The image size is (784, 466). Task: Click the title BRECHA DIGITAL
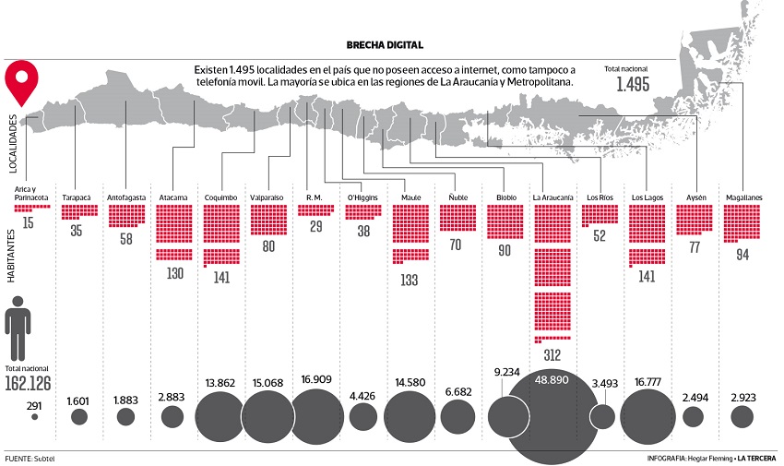click(x=385, y=44)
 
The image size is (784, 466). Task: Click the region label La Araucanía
click(x=554, y=197)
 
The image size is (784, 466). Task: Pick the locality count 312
click(x=553, y=354)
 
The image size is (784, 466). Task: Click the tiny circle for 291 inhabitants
click(x=35, y=417)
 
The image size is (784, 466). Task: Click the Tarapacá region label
click(x=78, y=197)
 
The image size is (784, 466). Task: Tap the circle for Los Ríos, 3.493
click(x=602, y=416)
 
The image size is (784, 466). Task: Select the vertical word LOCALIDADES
click(x=12, y=142)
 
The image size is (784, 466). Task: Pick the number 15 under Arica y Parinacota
click(x=30, y=223)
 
